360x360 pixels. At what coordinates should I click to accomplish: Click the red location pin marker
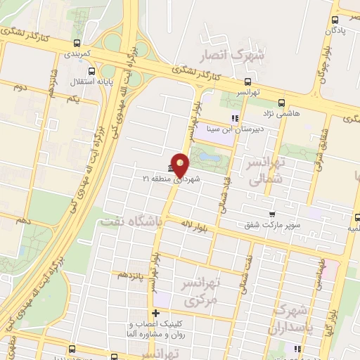pos(180,165)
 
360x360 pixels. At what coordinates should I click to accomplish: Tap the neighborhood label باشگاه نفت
pos(127,221)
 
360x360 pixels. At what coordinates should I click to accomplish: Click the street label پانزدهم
pos(131,274)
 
